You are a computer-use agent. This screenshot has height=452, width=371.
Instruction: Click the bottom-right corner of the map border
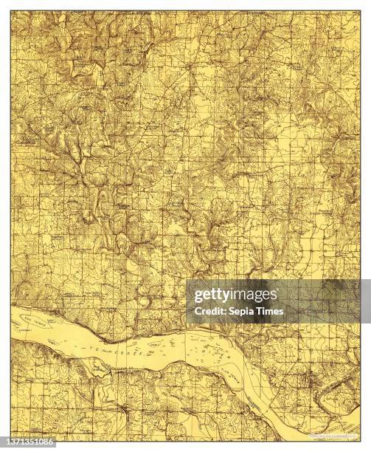tap(360, 433)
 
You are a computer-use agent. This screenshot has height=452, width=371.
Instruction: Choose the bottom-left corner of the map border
tap(11, 433)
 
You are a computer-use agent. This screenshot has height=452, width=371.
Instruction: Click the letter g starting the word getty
tap(196, 298)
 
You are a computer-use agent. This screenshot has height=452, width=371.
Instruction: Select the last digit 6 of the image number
tap(52, 442)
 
